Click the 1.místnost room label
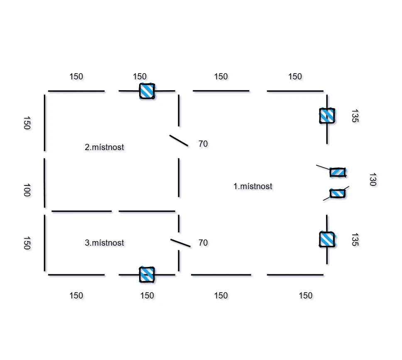coord(253,186)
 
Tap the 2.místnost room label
coord(104,147)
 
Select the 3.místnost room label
coord(104,243)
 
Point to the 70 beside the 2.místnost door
coord(203,144)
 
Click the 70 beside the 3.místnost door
coord(203,243)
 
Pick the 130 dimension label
coord(373,179)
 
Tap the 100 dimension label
coord(27,190)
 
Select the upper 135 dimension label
coord(355,116)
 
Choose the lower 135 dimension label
coord(355,240)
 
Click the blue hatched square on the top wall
coord(147,91)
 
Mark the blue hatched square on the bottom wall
coord(147,274)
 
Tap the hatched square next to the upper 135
coord(327,116)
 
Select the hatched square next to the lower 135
coord(327,239)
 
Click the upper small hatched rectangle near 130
coord(338,173)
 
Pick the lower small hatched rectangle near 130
coord(337,193)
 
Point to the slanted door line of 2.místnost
coord(179,141)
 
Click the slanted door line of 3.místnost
coord(181,243)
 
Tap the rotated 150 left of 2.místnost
coord(27,123)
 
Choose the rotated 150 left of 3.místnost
coord(27,243)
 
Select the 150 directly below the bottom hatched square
coord(147,296)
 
